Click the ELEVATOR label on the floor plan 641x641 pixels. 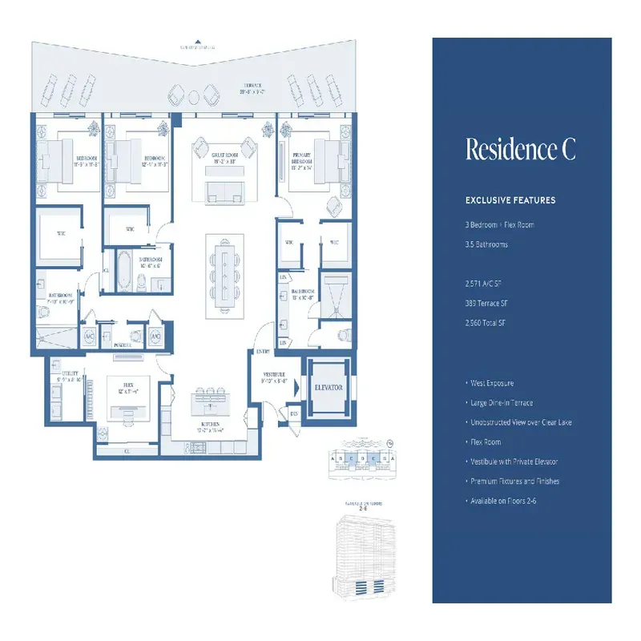(328, 387)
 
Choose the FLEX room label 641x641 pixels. (124, 388)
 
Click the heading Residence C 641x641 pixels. (520, 150)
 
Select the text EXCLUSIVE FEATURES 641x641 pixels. (510, 200)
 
